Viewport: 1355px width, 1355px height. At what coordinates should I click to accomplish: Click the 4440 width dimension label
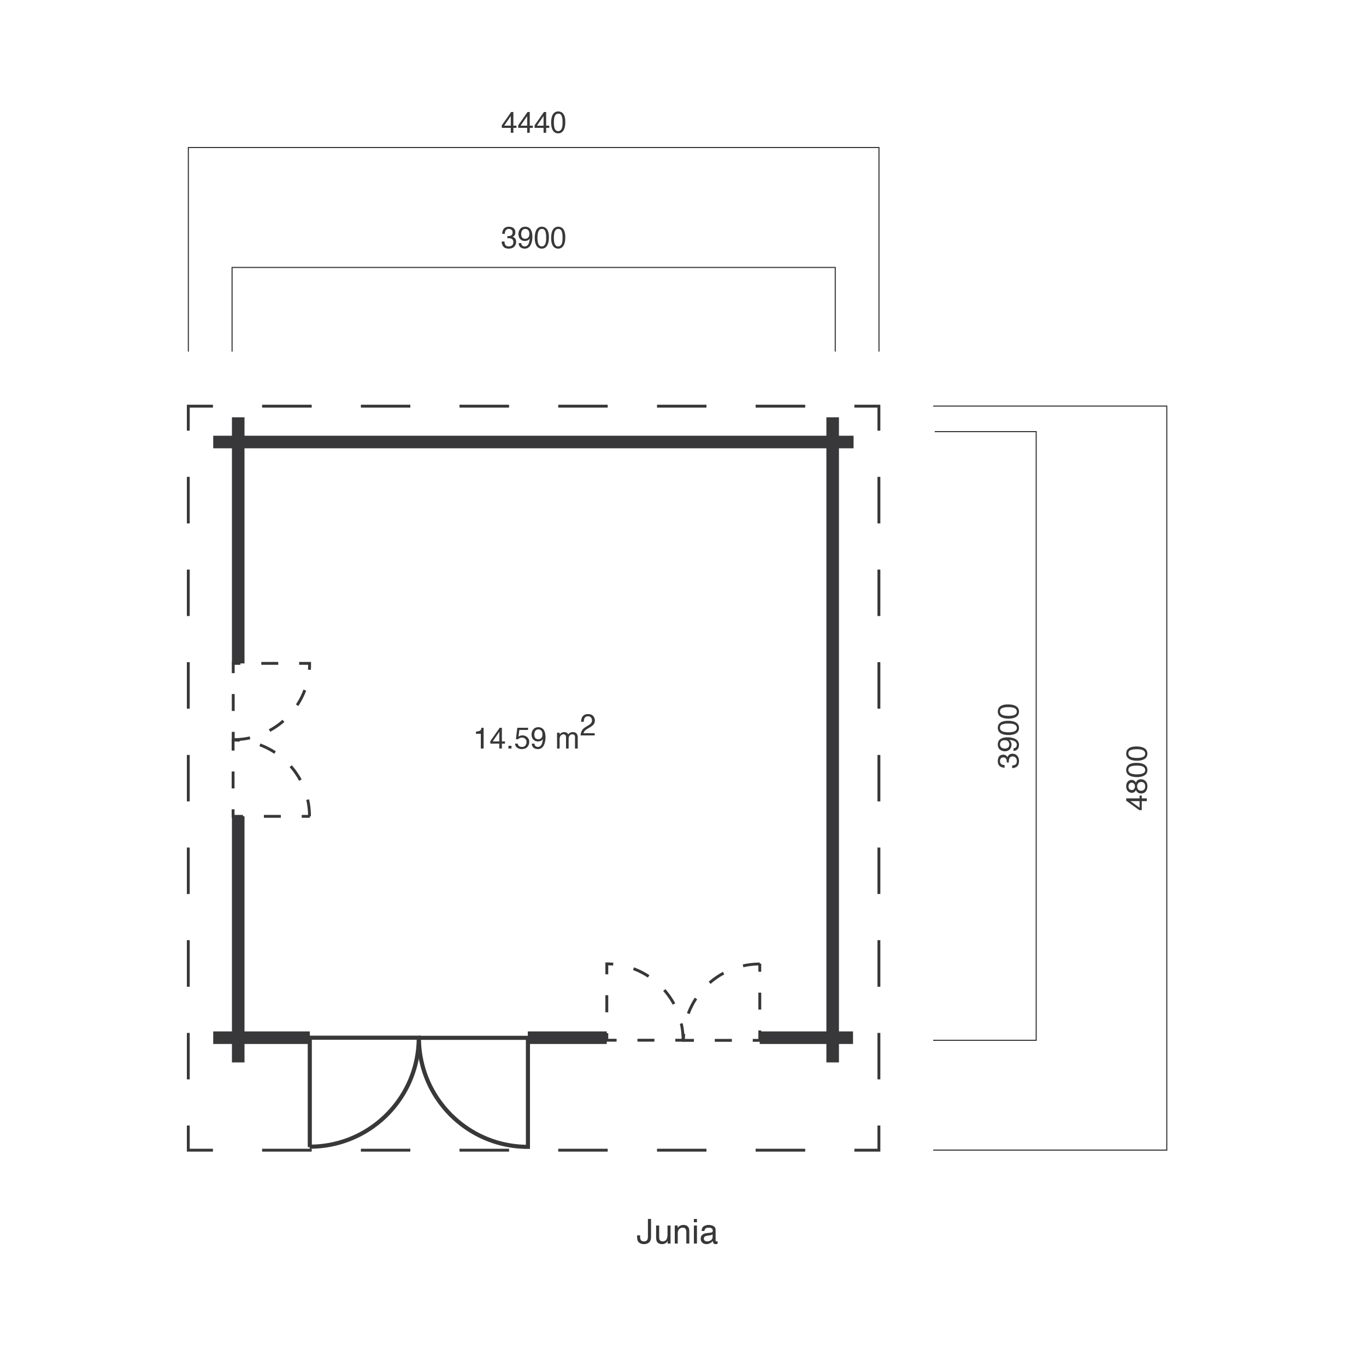533,123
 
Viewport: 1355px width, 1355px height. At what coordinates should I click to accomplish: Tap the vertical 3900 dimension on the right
1009,737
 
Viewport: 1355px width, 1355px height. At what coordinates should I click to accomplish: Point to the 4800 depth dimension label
1137,779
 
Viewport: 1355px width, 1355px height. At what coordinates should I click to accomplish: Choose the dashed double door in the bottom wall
683,1001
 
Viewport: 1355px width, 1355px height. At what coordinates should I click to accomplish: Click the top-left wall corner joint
238,442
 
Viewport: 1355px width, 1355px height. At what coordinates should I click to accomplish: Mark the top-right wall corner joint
833,442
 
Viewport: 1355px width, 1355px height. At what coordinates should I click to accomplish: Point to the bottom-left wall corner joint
238,1038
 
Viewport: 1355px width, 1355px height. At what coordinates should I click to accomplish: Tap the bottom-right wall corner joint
833,1038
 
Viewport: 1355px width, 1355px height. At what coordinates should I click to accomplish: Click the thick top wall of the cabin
533,442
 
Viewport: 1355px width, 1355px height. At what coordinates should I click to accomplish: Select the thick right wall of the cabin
833,740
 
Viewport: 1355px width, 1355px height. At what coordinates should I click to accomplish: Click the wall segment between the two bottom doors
567,1038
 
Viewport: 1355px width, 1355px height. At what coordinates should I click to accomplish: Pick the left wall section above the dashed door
238,540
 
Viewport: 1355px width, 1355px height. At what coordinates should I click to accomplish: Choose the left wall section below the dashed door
238,939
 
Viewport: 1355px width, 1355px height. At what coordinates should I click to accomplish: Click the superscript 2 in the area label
588,724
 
